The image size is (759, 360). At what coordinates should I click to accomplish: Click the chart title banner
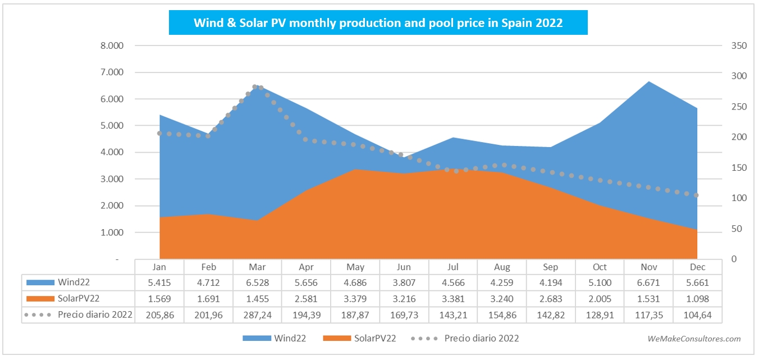coord(378,23)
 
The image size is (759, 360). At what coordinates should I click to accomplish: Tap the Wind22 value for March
coord(257,282)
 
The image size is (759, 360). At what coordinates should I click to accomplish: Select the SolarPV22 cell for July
coord(453,299)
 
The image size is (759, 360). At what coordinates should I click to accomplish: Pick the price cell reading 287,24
coord(257,315)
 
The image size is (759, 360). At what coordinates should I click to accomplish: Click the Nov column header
coord(649,267)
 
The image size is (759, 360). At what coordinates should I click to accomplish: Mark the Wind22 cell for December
coord(698,282)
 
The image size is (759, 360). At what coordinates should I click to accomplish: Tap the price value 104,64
coord(698,315)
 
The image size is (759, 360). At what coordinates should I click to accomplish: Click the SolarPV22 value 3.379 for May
coord(355,299)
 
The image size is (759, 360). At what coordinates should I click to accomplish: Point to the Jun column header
coord(404,267)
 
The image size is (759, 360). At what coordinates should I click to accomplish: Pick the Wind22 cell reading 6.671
coord(649,282)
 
